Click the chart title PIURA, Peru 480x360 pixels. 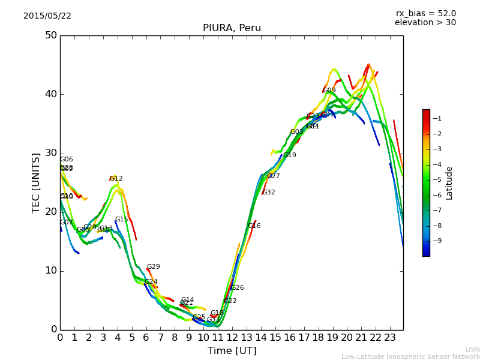[x=231, y=28]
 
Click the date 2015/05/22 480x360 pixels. [x=47, y=16]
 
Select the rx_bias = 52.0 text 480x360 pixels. [x=425, y=14]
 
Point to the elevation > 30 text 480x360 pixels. [x=425, y=23]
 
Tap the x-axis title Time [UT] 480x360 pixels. [x=232, y=351]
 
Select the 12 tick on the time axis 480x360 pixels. [x=232, y=338]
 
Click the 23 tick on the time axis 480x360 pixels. [x=390, y=338]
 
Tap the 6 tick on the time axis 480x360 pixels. [x=146, y=338]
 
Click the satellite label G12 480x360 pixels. [x=116, y=179]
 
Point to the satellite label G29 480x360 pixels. [x=154, y=267]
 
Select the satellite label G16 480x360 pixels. [x=254, y=226]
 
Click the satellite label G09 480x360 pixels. [x=329, y=91]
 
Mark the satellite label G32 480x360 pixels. [x=269, y=193]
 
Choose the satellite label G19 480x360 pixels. [x=290, y=155]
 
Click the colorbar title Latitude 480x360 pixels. [x=449, y=183]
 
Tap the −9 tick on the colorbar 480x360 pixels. [x=437, y=241]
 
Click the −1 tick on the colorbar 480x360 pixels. [x=437, y=119]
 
